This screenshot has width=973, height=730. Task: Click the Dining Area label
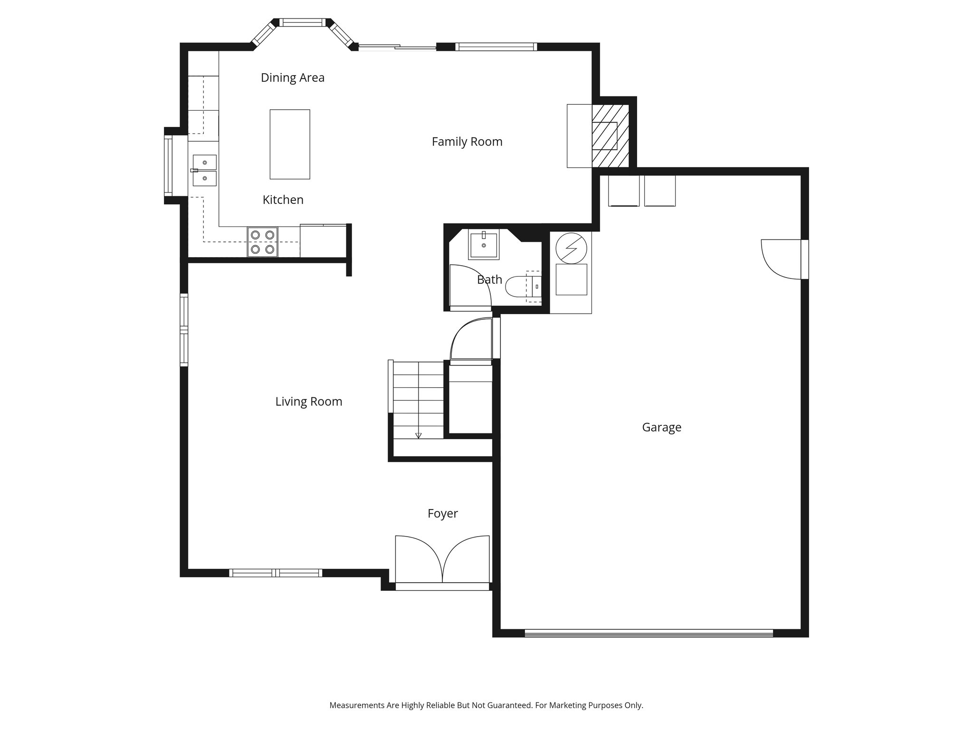click(x=293, y=77)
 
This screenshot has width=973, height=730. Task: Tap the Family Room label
click(x=467, y=142)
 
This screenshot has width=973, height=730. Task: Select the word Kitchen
click(x=283, y=200)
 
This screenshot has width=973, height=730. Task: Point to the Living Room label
click(x=309, y=402)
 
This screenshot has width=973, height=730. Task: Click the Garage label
click(x=661, y=427)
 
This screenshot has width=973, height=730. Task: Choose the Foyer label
click(x=442, y=513)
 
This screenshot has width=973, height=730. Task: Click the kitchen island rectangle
click(x=290, y=144)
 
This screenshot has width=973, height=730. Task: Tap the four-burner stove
click(x=263, y=242)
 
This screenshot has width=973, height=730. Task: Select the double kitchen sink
click(x=205, y=170)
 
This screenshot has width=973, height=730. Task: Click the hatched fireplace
click(x=610, y=136)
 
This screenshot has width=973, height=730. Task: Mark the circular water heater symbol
click(x=571, y=248)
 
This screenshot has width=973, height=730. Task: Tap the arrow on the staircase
click(x=419, y=435)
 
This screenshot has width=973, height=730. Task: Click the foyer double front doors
click(x=442, y=560)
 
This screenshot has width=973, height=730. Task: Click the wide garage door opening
click(x=649, y=633)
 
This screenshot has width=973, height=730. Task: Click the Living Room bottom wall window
click(x=276, y=573)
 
